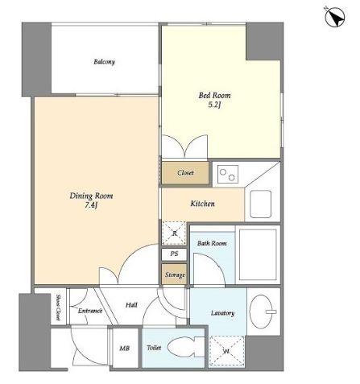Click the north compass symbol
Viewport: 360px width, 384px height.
click(335, 17)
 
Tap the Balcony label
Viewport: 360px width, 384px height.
click(105, 62)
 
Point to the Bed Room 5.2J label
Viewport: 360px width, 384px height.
click(214, 100)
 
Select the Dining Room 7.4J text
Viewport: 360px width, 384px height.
click(91, 200)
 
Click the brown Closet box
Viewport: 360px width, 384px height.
click(185, 173)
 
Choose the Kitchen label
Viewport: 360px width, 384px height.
click(203, 204)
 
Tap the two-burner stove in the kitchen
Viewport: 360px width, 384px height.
click(228, 174)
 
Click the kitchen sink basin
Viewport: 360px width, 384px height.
click(260, 204)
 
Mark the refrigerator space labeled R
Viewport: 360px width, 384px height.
click(174, 233)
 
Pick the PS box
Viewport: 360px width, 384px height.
click(174, 254)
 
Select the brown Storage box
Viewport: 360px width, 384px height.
click(174, 275)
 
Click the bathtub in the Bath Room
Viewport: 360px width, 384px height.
click(258, 254)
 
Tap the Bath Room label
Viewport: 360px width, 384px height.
click(212, 243)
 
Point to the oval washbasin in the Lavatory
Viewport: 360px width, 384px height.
click(261, 312)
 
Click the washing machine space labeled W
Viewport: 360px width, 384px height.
click(227, 352)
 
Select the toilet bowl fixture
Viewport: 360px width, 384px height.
click(185, 348)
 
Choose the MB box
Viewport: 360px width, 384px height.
click(125, 348)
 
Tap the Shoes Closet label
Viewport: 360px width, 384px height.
click(58, 308)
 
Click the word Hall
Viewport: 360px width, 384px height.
click(131, 305)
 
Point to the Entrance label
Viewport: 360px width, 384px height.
click(90, 311)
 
